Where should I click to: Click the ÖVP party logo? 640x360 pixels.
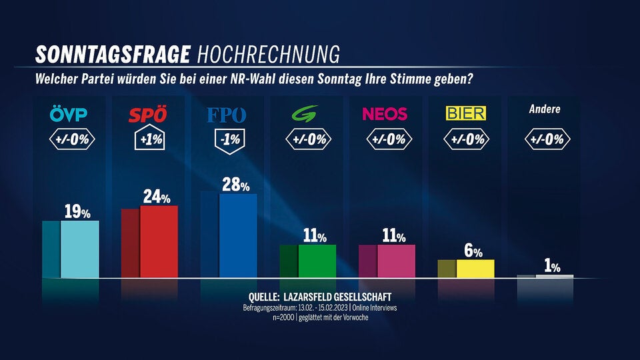69,115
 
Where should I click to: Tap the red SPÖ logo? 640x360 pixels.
147,115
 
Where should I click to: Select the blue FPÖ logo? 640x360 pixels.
227,115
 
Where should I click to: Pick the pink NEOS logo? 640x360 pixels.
385,114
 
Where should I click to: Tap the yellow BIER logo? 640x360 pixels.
465,113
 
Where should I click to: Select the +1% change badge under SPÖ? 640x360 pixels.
147,141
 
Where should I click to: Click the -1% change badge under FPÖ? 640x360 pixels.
227,141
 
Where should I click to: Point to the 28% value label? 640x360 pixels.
235,185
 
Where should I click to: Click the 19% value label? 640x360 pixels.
77,212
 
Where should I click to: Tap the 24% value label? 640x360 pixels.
157,197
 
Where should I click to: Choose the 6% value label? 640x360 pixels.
473,251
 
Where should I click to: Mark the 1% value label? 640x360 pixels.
552,266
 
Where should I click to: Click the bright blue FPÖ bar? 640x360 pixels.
237,235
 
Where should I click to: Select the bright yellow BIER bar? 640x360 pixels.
475,268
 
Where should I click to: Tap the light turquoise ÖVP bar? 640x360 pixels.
79,249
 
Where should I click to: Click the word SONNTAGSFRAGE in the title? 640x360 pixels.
113,54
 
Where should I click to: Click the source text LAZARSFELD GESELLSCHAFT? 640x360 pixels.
337,297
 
